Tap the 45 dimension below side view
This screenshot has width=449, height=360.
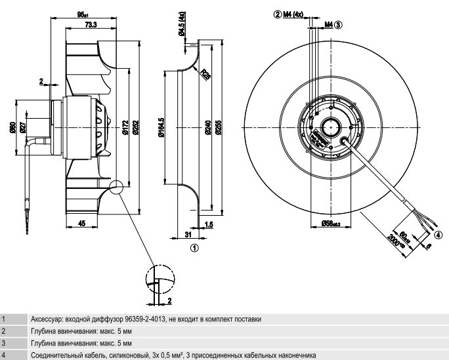[x=82, y=224]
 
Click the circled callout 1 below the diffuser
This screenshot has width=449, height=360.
[x=194, y=248]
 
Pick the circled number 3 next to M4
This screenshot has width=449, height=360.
[x=338, y=25]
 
